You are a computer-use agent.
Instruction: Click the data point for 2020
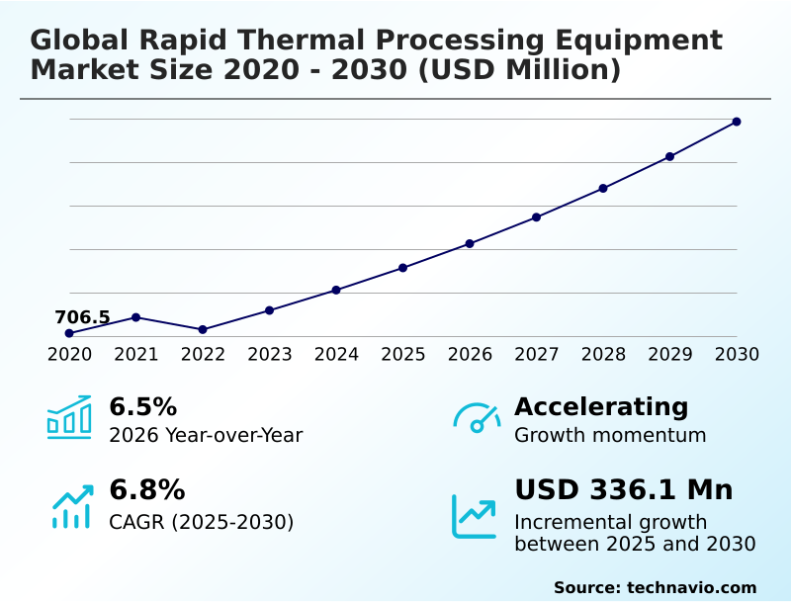point(69,333)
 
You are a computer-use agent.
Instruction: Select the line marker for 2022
point(203,329)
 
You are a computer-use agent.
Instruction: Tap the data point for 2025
point(402,268)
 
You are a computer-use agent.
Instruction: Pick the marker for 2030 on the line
point(737,122)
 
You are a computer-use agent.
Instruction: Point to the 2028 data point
point(603,188)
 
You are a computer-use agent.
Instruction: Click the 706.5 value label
point(82,317)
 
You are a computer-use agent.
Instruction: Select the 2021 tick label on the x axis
point(136,355)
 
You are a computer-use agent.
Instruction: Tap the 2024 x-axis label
point(336,355)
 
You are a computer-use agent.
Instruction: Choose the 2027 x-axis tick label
point(536,355)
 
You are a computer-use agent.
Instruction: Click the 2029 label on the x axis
point(669,355)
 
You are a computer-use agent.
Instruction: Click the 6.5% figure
point(142,406)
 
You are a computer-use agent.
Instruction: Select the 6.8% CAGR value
point(146,490)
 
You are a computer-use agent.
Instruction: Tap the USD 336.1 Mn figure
point(623,490)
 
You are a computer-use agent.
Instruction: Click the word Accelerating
point(601,406)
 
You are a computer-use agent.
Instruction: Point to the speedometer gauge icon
point(477,417)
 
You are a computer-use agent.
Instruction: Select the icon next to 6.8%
point(71,506)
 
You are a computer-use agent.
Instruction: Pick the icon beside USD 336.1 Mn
point(475,515)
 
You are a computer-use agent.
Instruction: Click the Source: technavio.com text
point(655,587)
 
